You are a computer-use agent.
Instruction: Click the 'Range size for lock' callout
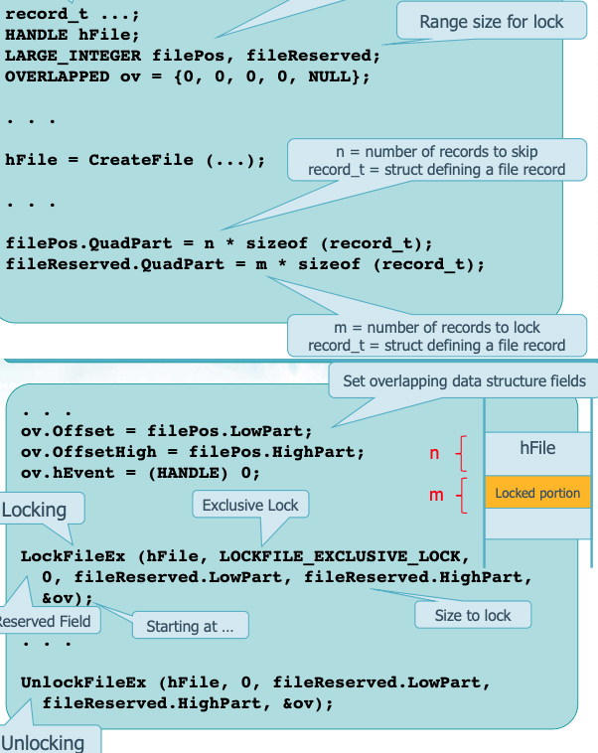tap(491, 22)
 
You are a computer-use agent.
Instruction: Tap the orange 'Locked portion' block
tap(537, 493)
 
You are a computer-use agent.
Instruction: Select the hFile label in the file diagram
tap(537, 449)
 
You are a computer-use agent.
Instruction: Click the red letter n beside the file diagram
tap(433, 454)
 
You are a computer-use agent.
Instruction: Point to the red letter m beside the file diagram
tap(435, 494)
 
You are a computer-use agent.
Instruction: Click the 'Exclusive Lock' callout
tap(250, 506)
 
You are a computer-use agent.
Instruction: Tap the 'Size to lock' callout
tap(473, 615)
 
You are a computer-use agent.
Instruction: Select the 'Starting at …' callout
tap(190, 626)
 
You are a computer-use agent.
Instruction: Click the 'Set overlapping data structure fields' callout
tap(464, 380)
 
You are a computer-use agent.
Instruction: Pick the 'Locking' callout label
tap(35, 511)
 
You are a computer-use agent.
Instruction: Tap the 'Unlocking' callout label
tap(43, 742)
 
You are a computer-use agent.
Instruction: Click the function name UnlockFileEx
tap(83, 682)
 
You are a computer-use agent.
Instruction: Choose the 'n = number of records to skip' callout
tap(436, 160)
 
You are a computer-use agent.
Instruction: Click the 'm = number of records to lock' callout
tap(436, 336)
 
